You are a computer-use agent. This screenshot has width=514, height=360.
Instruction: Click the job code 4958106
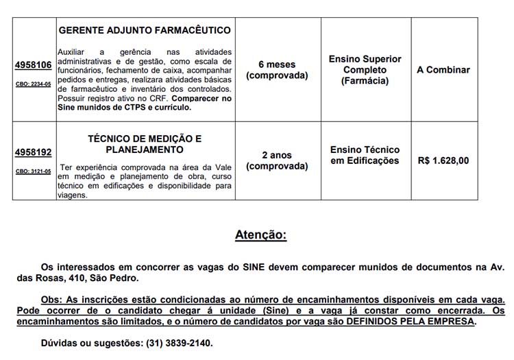tap(34, 65)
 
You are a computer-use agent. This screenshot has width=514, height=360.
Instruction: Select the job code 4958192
tap(34, 153)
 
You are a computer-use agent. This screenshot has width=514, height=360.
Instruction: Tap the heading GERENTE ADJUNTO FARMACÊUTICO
tap(145, 31)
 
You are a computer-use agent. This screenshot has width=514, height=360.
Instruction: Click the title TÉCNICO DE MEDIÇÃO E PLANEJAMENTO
tap(145, 144)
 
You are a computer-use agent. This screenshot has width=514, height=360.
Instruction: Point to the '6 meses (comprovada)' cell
tap(277, 70)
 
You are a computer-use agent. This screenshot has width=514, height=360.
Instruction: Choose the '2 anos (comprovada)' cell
tap(277, 160)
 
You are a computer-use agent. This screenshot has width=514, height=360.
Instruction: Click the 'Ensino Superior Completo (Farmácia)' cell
tap(365, 70)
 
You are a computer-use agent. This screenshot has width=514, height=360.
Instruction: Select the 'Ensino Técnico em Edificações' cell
tap(365, 155)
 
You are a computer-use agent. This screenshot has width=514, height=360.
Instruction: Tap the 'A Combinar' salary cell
tap(443, 70)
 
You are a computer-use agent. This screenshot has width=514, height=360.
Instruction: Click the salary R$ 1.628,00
tap(443, 160)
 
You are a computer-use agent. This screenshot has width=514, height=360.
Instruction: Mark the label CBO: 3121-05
tap(34, 171)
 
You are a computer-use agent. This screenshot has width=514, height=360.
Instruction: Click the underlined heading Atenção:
tap(260, 235)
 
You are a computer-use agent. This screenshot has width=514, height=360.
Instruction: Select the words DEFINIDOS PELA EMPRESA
tap(411, 321)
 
